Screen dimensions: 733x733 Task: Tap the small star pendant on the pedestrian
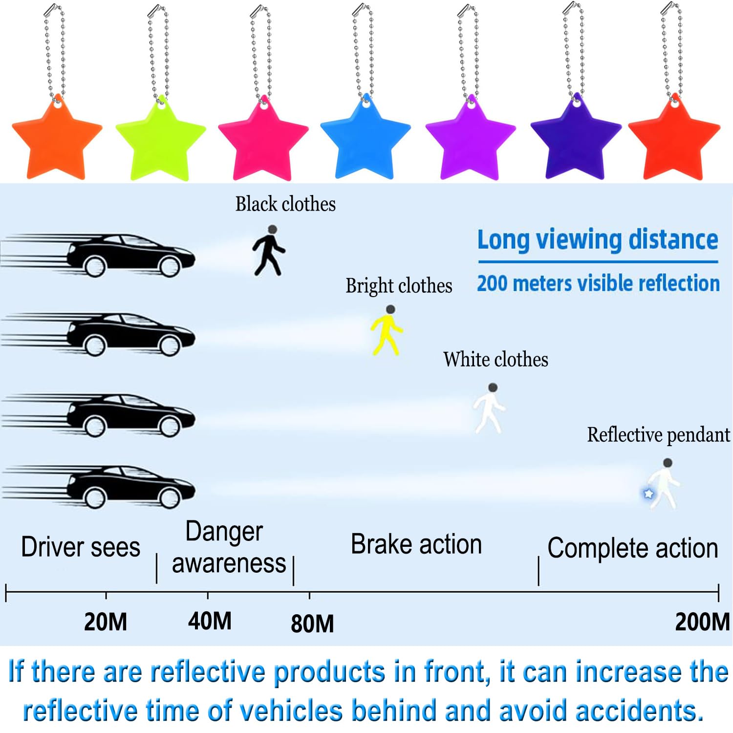(x=648, y=494)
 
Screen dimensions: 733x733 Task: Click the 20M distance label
(x=106, y=622)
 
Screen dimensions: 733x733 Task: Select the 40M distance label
(x=210, y=621)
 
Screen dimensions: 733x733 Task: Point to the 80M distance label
(x=312, y=624)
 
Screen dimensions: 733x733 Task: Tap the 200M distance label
(x=702, y=622)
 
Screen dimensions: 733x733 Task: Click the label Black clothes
(x=285, y=204)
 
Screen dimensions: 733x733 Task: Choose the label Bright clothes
(x=399, y=286)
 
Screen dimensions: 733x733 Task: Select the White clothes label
(x=496, y=360)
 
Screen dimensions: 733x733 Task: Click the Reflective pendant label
(x=658, y=435)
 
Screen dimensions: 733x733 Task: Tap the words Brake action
(x=416, y=544)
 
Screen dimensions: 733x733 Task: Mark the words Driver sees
(x=81, y=547)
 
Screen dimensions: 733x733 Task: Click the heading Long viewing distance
(x=598, y=240)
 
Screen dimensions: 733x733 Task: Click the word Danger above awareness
(x=224, y=532)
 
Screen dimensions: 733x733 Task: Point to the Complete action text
(x=632, y=548)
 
